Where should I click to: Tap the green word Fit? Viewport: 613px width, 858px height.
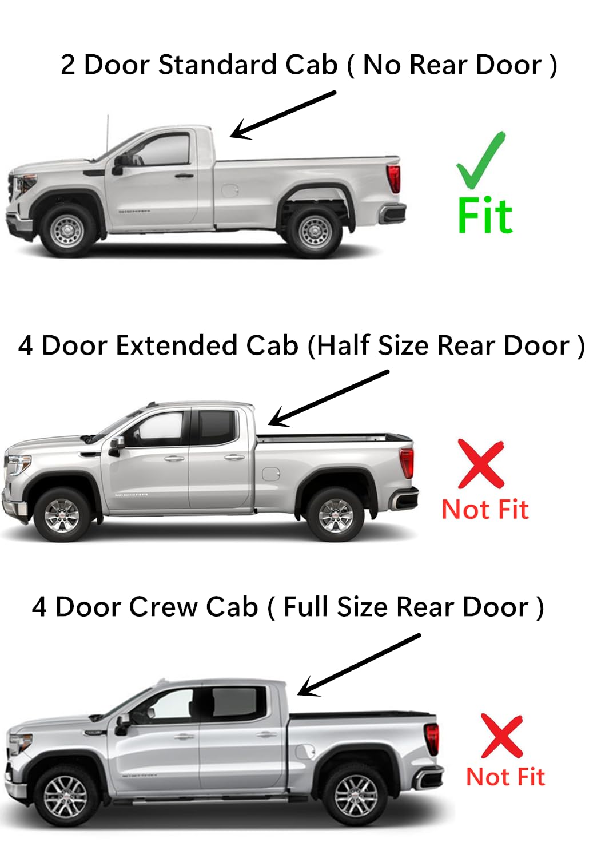(x=485, y=216)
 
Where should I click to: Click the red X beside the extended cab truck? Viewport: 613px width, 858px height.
(x=481, y=464)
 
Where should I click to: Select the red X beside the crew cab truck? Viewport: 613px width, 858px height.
(x=501, y=736)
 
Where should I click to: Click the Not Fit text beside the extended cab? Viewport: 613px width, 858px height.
(x=485, y=509)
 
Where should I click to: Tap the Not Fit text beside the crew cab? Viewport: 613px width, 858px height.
(x=505, y=777)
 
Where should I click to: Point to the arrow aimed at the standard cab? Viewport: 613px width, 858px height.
(x=282, y=114)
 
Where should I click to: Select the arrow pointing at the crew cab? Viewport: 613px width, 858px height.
(x=359, y=665)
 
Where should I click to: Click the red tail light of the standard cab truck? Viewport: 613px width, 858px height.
(x=393, y=178)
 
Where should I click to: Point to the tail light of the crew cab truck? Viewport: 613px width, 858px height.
(x=432, y=738)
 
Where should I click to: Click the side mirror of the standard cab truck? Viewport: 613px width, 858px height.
(x=119, y=164)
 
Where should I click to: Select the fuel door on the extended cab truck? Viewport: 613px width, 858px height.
(x=270, y=474)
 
